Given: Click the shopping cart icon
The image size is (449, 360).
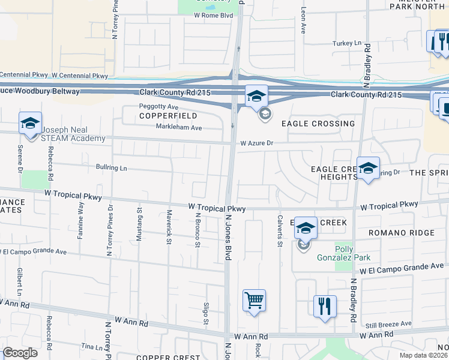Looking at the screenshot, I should (254, 300).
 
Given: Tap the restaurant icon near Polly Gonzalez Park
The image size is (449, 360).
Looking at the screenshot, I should (325, 306).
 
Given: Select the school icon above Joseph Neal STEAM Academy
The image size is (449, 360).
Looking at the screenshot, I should (30, 123).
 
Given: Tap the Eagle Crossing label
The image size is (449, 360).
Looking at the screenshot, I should (318, 124).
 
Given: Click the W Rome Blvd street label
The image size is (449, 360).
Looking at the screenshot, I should (209, 16).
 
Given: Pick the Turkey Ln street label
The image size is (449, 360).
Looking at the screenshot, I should (348, 43).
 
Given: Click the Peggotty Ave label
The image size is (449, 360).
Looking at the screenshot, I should (159, 106).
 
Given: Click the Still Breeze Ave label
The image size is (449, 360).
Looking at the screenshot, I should (389, 324).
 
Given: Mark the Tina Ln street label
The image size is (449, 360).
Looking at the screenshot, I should (92, 347).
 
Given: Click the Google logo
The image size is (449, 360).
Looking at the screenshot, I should (20, 353).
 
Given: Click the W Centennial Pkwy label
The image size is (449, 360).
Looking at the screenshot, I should (80, 76).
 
